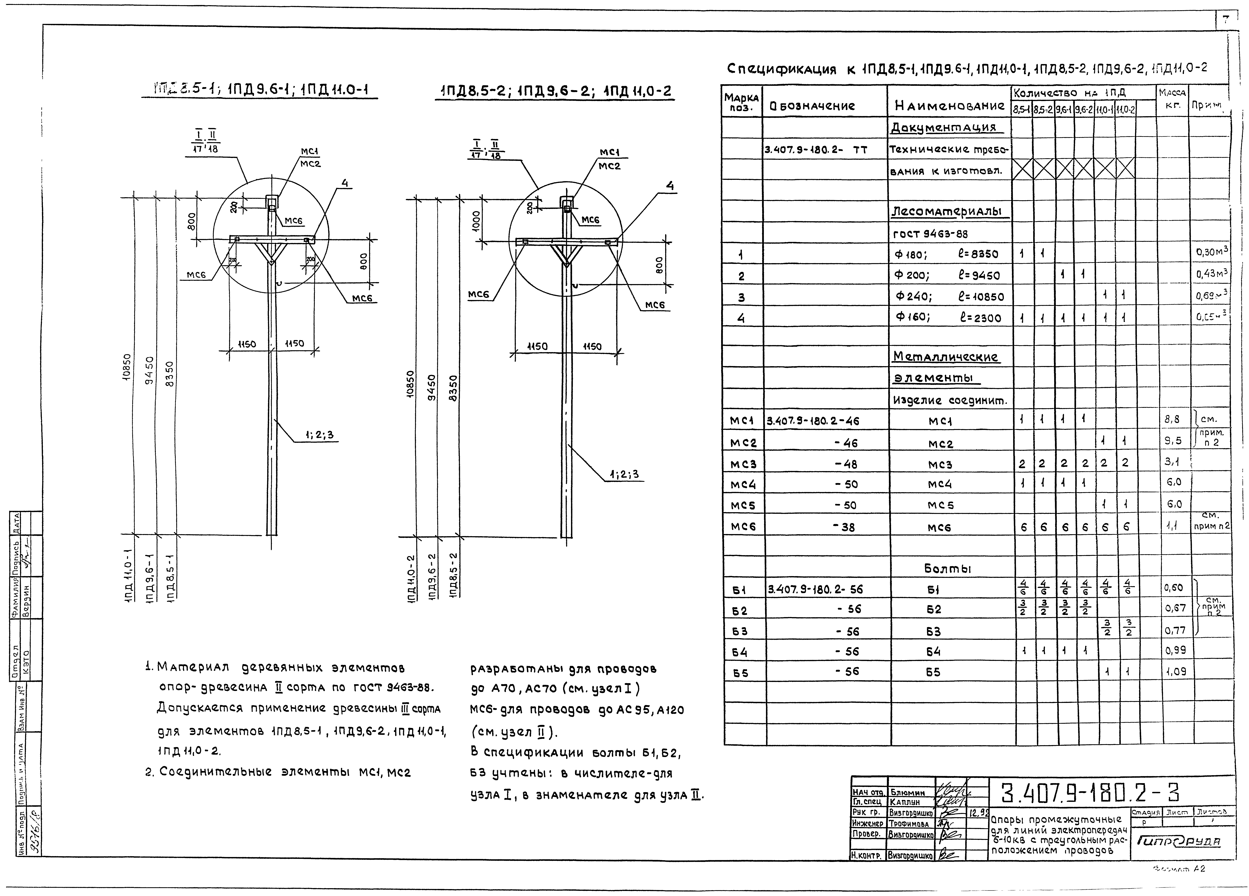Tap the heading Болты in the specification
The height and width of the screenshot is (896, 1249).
coord(947,569)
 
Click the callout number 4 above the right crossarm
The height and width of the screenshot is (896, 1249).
coord(670,186)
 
